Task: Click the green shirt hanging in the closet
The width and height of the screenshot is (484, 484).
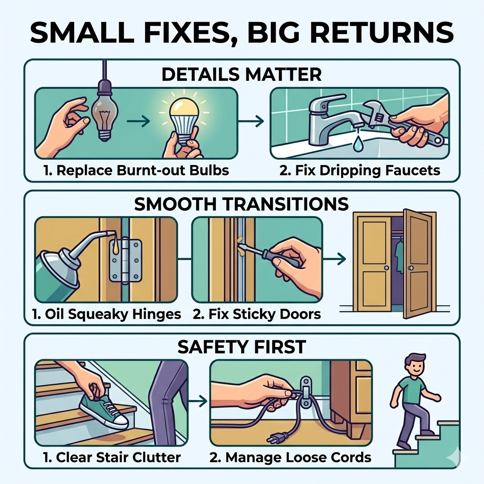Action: click(x=399, y=257)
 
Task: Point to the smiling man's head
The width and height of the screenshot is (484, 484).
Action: click(x=414, y=364)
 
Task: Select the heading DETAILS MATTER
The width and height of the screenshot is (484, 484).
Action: click(x=242, y=74)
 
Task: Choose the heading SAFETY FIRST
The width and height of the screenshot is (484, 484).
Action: click(x=242, y=346)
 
